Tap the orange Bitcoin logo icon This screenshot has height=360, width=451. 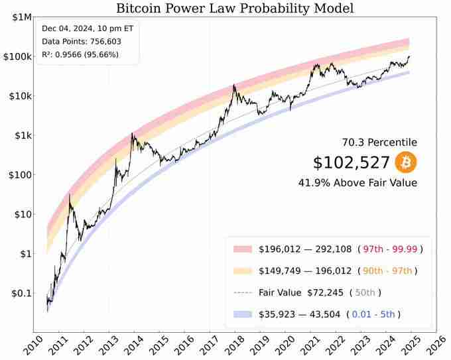[x=405, y=162]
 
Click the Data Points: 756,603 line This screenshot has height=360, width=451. [x=81, y=41]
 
